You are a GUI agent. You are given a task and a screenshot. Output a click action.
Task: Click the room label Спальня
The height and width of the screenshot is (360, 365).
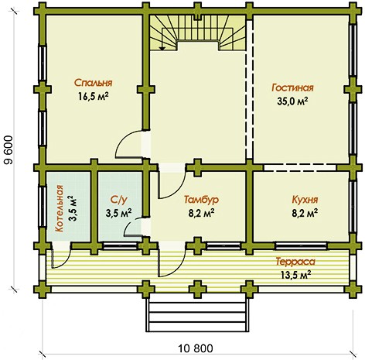click(94, 83)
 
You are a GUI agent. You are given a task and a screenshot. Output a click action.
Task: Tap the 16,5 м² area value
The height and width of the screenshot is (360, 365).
click(93, 97)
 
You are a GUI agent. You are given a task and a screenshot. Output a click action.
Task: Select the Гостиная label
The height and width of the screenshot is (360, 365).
click(292, 87)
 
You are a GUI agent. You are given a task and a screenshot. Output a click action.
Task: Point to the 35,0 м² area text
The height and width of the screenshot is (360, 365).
click(292, 101)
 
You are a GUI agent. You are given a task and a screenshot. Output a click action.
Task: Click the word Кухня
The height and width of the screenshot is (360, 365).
click(305, 200)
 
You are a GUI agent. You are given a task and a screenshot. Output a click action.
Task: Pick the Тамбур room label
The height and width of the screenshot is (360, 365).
click(202, 200)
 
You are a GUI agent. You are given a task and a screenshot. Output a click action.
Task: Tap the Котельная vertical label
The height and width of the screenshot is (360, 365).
click(60, 208)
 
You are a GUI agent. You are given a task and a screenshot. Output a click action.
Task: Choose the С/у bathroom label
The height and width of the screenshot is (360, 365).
click(119, 200)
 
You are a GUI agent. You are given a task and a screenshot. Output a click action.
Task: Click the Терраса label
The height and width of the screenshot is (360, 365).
click(295, 262)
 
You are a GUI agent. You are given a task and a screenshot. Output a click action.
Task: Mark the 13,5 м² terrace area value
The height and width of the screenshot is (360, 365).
click(295, 275)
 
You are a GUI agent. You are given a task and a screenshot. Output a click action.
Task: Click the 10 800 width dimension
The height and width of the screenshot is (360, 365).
click(196, 348)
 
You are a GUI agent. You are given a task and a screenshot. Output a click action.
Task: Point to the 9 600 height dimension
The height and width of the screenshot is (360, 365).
click(9, 150)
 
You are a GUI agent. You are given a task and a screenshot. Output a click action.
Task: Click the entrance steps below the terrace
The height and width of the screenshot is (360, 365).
click(197, 315)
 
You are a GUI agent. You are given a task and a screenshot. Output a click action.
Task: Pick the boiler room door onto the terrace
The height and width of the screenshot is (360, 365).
click(61, 255)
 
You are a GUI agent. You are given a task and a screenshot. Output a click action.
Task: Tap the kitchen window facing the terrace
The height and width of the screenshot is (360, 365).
click(301, 245)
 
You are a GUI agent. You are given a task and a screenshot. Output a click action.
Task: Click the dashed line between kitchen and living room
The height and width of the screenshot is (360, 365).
click(301, 168)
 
